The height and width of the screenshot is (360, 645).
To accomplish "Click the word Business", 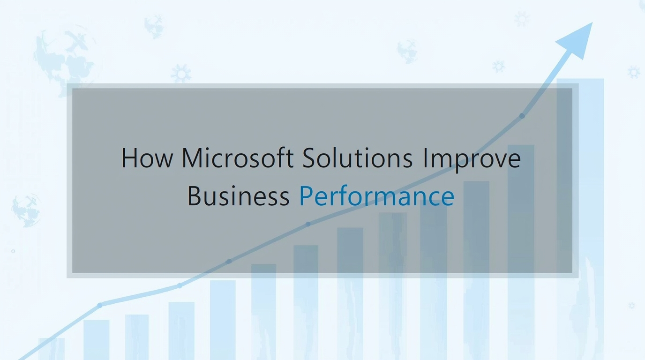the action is point(239,195).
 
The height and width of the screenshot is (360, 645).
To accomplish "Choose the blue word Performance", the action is point(377,195).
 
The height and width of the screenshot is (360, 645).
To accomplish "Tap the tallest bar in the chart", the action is point(580,219).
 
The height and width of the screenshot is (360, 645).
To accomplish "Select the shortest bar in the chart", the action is point(52,349).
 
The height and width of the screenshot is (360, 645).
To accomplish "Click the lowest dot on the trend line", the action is point(100,305).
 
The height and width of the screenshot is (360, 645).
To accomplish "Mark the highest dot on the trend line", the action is point(522,116).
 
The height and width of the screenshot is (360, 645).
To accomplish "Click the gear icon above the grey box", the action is point(181,74).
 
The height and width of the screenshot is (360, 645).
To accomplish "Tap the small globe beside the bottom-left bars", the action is point(26,210).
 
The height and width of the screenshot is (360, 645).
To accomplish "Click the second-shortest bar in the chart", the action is point(97,340).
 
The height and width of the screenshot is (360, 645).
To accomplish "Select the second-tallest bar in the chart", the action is point(521,252).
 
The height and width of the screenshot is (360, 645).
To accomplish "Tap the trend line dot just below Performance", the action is point(308,224).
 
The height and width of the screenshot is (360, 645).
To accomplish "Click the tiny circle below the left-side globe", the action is point(13,251).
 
